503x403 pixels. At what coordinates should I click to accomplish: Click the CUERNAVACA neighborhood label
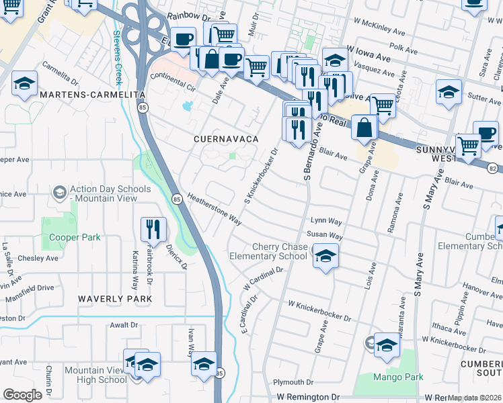(226, 138)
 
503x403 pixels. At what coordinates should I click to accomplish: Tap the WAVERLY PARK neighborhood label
(111, 298)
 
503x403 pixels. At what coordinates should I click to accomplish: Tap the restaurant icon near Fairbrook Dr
(153, 230)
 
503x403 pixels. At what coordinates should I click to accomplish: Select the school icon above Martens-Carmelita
(24, 84)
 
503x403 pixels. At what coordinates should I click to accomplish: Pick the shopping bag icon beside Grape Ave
(364, 127)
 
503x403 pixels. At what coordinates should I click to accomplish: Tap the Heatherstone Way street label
(215, 209)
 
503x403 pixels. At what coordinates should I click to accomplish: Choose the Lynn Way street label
(326, 220)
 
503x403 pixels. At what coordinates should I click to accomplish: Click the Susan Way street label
(325, 236)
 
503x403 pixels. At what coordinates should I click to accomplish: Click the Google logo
(23, 395)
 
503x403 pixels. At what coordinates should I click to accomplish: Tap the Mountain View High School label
(95, 375)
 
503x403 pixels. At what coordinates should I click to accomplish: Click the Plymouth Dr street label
(289, 382)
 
